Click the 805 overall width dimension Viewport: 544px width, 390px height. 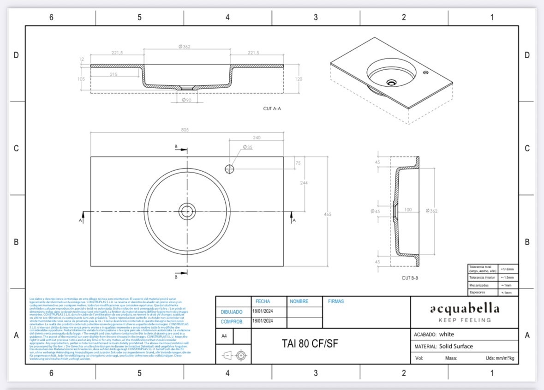tap(185, 130)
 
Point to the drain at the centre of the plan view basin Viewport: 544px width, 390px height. tap(187, 211)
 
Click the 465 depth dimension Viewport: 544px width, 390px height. tap(328, 214)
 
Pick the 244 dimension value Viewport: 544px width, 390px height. tap(304, 183)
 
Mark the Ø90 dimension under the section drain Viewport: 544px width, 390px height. tap(186, 100)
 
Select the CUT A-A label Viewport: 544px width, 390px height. tap(272, 109)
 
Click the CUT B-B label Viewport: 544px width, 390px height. tap(409, 278)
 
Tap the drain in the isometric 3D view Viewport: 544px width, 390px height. tap(392, 83)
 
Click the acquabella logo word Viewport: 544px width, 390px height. tap(464, 308)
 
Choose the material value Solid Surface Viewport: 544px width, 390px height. tap(456, 346)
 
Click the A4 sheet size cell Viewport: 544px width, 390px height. tap(224, 336)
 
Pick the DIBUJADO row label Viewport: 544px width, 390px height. tap(232, 312)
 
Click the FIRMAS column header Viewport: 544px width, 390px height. tap(335, 301)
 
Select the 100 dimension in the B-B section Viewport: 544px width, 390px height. tap(408, 210)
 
